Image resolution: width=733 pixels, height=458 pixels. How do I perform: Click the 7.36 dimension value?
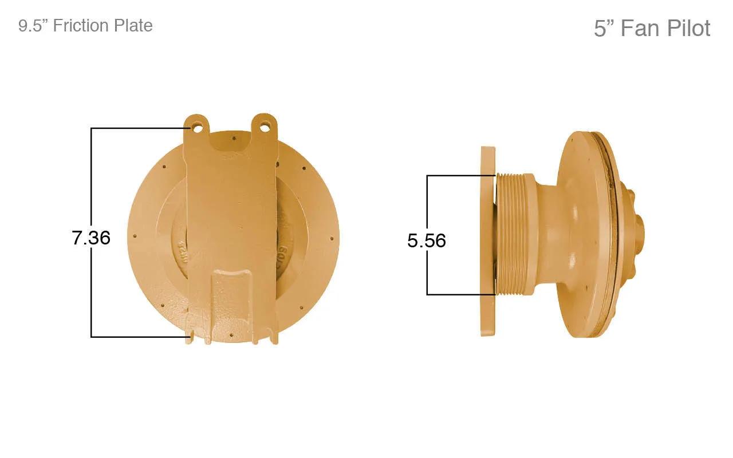pyautogui.click(x=91, y=238)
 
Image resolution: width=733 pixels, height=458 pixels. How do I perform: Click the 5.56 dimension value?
pyautogui.click(x=427, y=241)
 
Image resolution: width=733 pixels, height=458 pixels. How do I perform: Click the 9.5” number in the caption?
pyautogui.click(x=33, y=26)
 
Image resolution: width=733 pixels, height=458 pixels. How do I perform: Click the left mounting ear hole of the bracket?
pyautogui.click(x=198, y=128)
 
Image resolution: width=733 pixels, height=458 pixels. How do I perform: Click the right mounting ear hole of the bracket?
pyautogui.click(x=265, y=127)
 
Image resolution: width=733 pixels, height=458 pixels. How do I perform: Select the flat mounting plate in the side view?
pyautogui.click(x=488, y=242)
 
